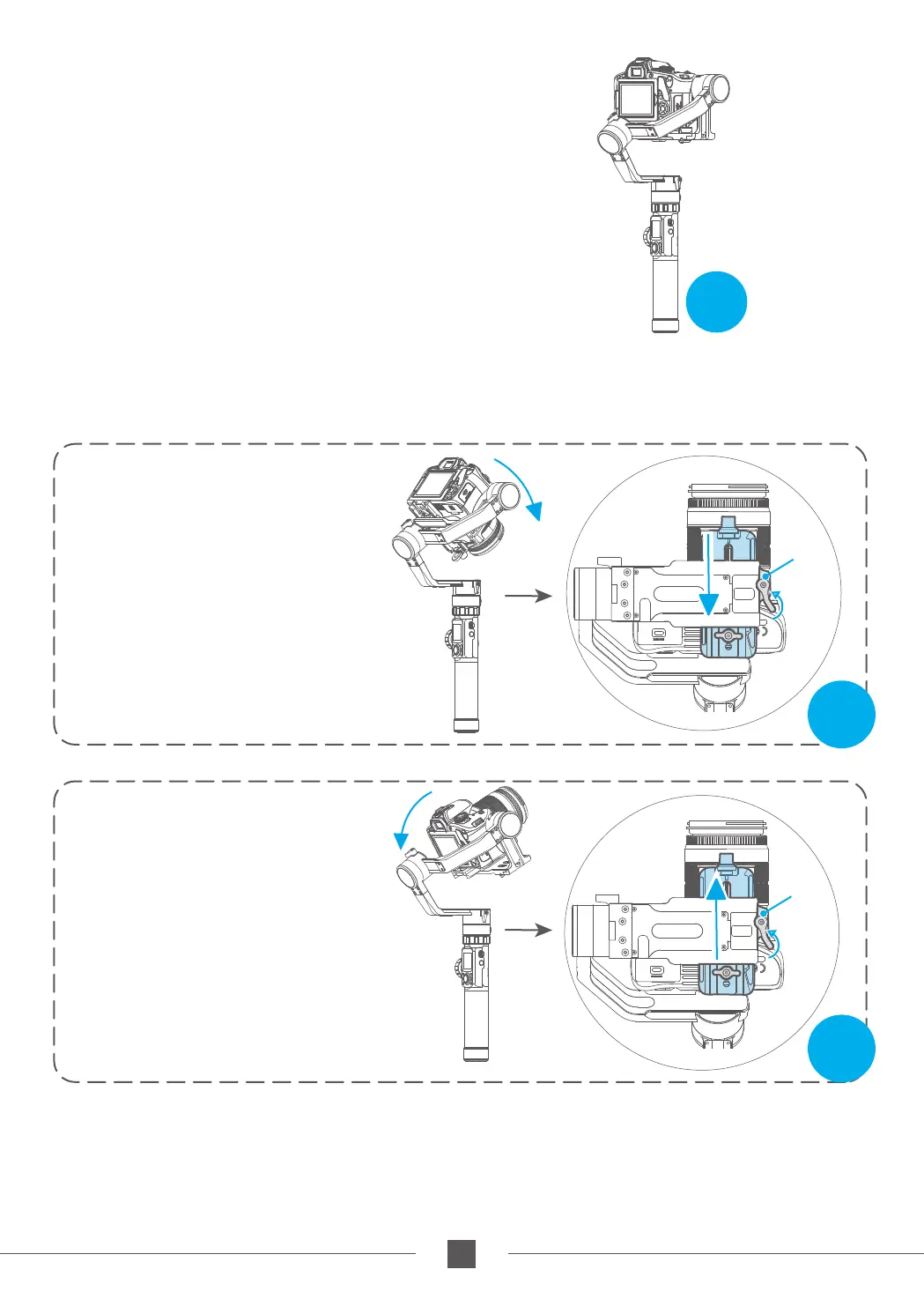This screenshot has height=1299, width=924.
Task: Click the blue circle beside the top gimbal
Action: (x=716, y=302)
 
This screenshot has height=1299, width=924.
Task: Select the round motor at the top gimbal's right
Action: (x=717, y=87)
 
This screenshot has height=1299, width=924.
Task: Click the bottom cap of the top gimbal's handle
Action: (x=665, y=327)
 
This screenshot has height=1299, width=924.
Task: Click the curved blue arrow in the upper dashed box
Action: (x=521, y=485)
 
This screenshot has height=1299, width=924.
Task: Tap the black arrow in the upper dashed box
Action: (x=529, y=597)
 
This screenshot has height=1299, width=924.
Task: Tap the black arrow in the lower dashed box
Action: (x=529, y=930)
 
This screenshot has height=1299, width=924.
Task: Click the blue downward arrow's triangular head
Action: (x=709, y=604)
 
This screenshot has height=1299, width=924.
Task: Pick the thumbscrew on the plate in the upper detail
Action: (x=728, y=635)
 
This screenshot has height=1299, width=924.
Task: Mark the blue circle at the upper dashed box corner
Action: (x=841, y=714)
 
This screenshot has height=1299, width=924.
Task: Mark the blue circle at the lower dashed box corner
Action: (x=841, y=1049)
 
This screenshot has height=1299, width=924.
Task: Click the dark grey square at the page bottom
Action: (x=462, y=1253)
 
